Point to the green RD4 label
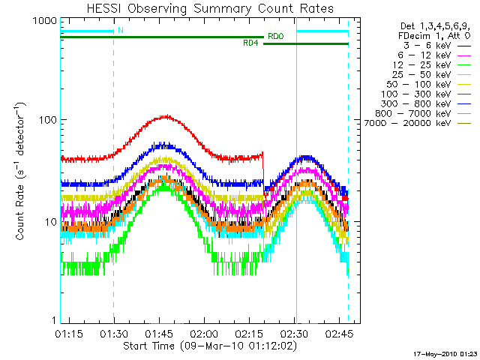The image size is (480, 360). pyautogui.click(x=251, y=43)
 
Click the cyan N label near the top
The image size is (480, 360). pyautogui.click(x=120, y=31)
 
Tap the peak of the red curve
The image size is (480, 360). pyautogui.click(x=166, y=116)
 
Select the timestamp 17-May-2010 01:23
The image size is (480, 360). pyautogui.click(x=445, y=352)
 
